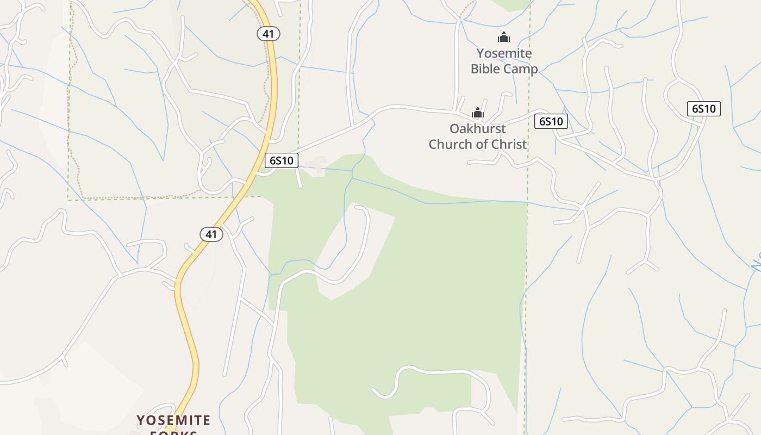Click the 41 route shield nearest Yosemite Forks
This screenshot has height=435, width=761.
(211, 234)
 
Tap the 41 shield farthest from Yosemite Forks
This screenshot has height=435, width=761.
(268, 34)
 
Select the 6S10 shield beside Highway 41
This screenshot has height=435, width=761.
(282, 160)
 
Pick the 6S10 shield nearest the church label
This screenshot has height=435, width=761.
(551, 121)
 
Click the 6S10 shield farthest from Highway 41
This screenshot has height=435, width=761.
(703, 109)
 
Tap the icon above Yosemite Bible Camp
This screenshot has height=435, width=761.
(504, 38)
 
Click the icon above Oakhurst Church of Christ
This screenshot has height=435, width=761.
(478, 113)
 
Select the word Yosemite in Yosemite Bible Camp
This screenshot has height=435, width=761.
(504, 53)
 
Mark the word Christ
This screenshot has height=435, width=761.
(509, 144)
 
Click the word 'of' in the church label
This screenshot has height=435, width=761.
(483, 144)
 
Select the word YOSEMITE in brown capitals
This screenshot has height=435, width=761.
(173, 420)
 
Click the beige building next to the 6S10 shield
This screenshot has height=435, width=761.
(316, 164)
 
